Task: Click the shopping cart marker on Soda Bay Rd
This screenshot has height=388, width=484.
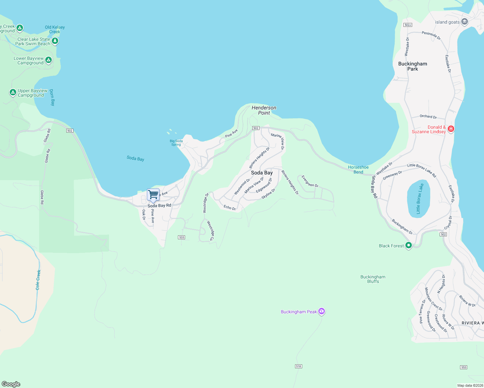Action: point(153,195)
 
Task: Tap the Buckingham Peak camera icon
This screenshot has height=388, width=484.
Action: point(321,311)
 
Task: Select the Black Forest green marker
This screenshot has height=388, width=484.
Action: point(408,246)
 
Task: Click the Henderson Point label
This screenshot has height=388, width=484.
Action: point(264,110)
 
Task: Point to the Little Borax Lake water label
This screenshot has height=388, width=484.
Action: point(420,199)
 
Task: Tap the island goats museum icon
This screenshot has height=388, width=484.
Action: point(465,22)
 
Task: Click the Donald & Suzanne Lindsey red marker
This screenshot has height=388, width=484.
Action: point(451,129)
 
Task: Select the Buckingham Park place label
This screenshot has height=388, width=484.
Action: point(412,66)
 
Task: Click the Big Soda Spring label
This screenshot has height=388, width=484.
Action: point(176,143)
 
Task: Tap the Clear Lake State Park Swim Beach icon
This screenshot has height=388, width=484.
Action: point(55,41)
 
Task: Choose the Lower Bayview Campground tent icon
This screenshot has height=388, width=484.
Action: point(49,60)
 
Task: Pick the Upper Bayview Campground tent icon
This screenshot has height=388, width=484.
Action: point(13,93)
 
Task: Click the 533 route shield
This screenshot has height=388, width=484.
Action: point(181,237)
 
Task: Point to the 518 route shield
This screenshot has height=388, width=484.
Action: point(298,366)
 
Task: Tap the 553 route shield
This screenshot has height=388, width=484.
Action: point(464,367)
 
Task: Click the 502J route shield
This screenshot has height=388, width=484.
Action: point(408,25)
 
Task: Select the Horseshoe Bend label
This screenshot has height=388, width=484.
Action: point(358,170)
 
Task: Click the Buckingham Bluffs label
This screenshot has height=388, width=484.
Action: point(373,279)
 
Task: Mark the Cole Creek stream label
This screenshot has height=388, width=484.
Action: point(38,280)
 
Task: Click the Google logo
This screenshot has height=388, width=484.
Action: point(11,384)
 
